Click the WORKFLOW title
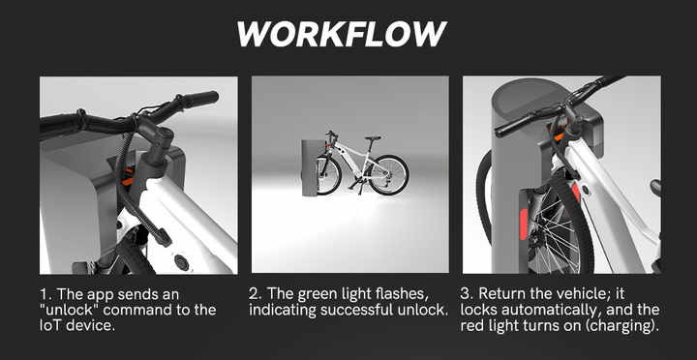(x=341, y=34)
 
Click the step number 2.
(x=254, y=293)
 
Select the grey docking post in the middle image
(x=310, y=166)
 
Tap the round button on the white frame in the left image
(x=181, y=261)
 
